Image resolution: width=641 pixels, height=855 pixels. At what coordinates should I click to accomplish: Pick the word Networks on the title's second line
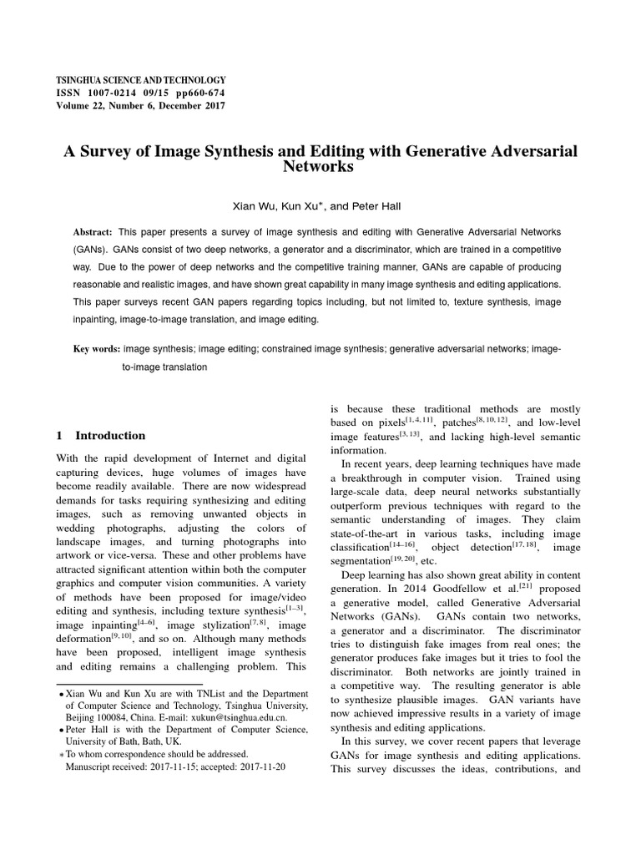coord(320,166)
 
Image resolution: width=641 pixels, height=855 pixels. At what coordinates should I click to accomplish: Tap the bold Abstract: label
coord(93,230)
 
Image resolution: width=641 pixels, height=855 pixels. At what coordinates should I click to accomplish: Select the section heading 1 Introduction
coord(100,435)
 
